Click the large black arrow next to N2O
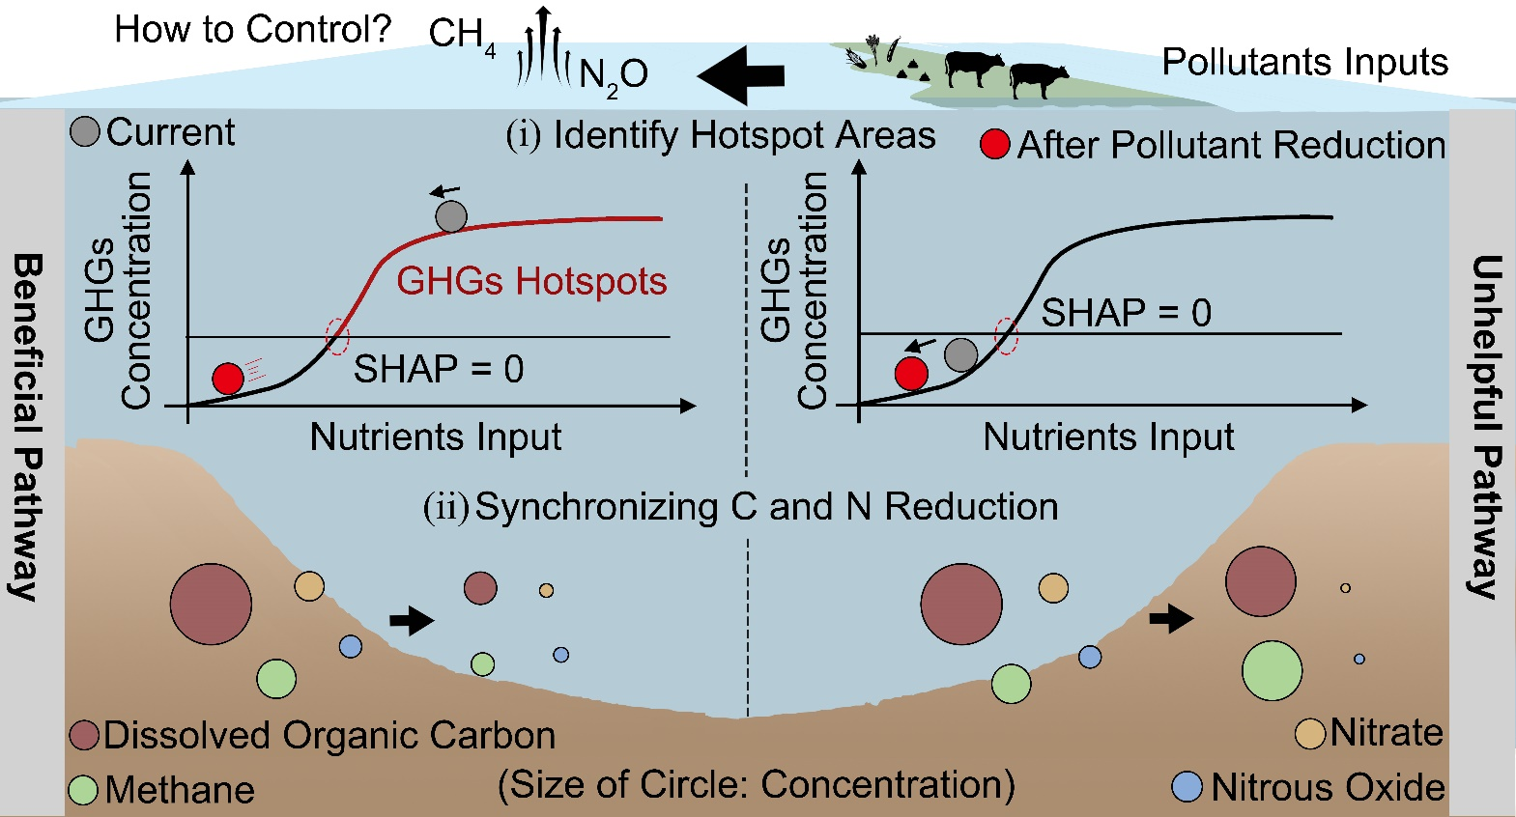(741, 74)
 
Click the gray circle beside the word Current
(85, 131)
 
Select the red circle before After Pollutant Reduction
(994, 145)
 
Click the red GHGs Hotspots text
(531, 281)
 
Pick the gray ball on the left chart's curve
(451, 216)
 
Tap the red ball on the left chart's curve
(228, 379)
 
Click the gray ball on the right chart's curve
(960, 354)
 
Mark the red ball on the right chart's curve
(911, 373)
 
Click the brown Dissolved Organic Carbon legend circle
(85, 735)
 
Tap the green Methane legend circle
(84, 790)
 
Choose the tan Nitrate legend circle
(1309, 734)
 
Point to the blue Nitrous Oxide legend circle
(1187, 787)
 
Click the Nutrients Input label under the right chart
(1108, 437)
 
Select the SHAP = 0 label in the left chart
(439, 369)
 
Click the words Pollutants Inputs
(1304, 62)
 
